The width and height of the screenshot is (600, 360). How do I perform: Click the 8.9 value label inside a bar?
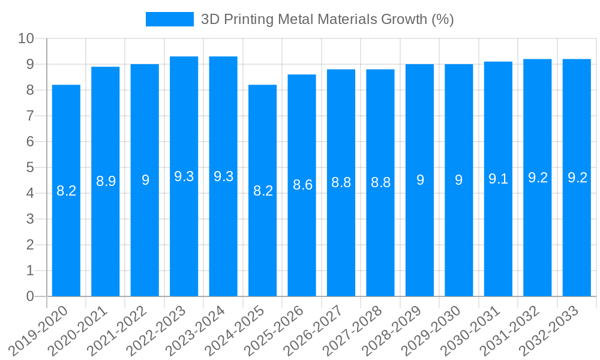coord(106,181)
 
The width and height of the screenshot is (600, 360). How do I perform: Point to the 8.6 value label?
coord(302,185)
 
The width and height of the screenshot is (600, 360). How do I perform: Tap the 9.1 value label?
coord(499,179)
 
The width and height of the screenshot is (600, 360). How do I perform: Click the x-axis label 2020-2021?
coord(80,329)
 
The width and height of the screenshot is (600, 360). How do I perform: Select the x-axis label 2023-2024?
coord(197,329)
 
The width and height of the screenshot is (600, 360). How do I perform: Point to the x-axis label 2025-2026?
coord(276,329)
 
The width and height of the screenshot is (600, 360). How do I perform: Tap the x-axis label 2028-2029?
coord(394,329)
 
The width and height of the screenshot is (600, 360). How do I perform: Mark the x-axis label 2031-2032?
coord(512,329)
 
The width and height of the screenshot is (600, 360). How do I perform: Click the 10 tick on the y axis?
coord(26,39)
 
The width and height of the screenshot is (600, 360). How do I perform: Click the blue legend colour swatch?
coord(170,19)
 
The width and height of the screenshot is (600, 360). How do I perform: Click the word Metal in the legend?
coord(298,19)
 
